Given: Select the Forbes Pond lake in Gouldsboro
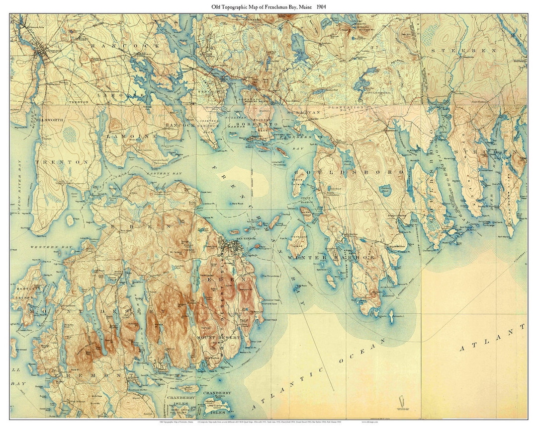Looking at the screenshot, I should (385, 190).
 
